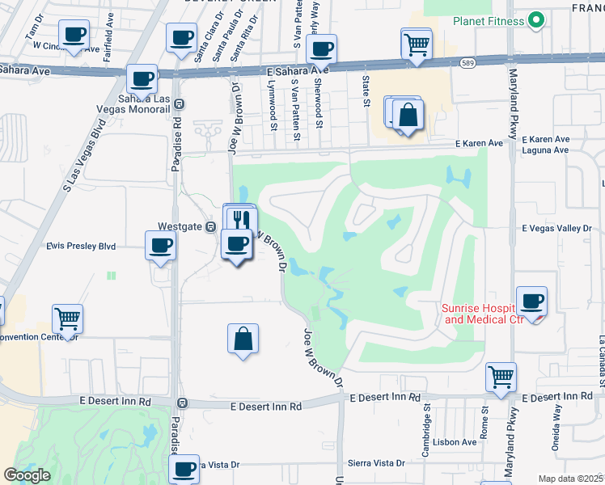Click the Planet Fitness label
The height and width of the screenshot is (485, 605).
tap(488, 21)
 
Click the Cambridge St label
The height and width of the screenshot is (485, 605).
tap(426, 419)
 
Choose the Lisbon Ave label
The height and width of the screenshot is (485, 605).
tap(455, 442)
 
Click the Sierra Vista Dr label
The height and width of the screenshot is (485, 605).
tap(376, 463)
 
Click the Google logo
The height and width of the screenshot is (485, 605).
tap(27, 475)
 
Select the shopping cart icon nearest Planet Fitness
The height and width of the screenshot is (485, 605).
tap(417, 43)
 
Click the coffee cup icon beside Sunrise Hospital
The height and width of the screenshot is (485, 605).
tap(531, 302)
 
